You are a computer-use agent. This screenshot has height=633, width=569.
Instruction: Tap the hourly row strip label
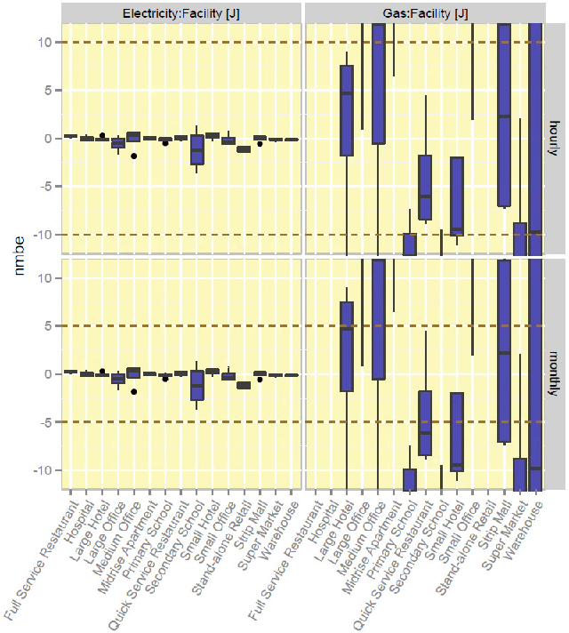553,139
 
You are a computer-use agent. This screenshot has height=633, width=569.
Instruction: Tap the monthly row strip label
553,374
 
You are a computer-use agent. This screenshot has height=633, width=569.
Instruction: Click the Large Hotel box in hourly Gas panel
347,110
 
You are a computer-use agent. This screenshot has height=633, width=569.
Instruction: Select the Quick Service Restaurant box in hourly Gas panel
425,188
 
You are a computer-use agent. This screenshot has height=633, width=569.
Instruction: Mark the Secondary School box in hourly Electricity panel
197,150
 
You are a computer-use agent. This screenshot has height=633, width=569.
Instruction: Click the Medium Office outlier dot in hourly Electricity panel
133,156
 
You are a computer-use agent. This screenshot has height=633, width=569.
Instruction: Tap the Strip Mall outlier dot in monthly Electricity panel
260,380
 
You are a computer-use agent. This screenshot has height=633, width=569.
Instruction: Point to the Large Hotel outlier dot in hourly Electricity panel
102,135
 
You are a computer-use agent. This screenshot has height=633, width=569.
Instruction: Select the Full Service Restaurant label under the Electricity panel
40,560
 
